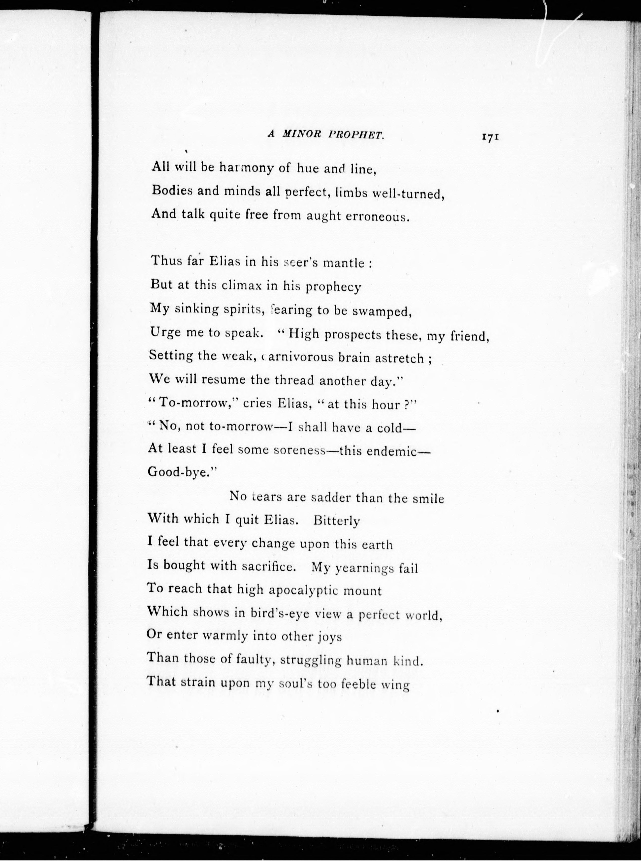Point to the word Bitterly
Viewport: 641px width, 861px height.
click(x=336, y=521)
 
